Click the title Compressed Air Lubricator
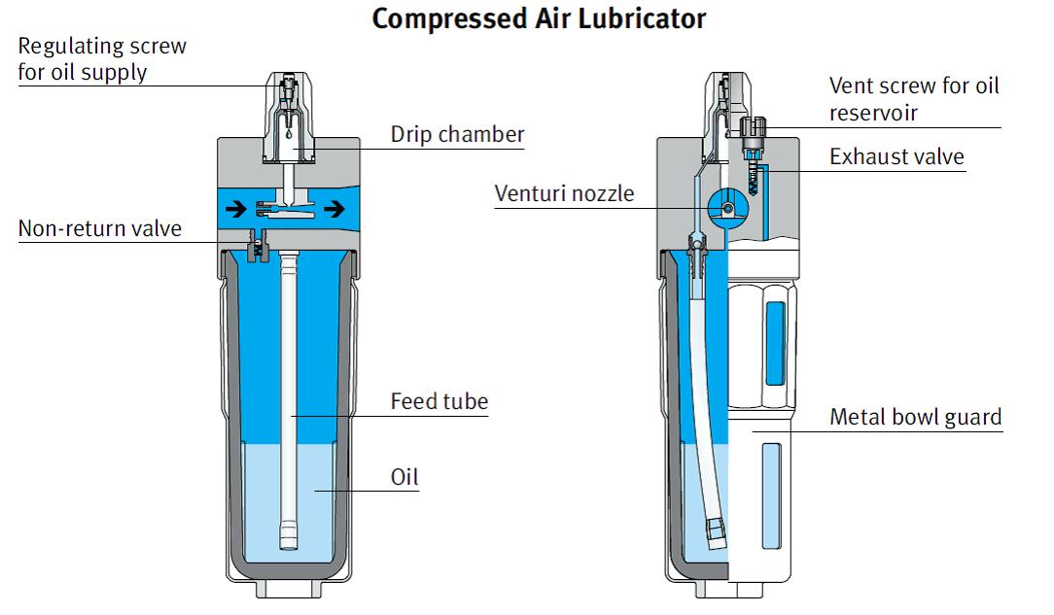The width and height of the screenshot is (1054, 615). (539, 18)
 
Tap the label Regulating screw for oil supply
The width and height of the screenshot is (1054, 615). (102, 59)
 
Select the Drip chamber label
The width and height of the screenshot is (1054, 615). (457, 134)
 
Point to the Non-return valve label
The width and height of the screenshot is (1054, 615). (100, 228)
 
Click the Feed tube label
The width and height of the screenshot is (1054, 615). (439, 400)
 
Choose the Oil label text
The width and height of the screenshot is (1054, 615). (404, 476)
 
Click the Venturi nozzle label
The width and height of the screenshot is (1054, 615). (564, 192)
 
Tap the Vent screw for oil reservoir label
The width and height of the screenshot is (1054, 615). (913, 98)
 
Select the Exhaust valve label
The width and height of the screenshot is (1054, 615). (896, 156)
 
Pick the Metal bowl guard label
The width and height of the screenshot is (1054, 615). (915, 417)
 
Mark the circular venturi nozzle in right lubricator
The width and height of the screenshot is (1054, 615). (726, 206)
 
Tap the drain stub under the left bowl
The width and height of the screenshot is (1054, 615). (288, 587)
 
